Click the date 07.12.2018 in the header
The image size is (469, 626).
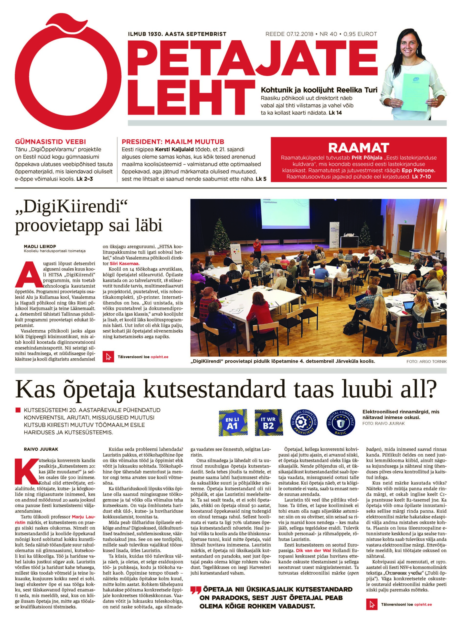297,34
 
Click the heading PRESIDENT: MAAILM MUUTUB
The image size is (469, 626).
173,142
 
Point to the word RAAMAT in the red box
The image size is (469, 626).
358,148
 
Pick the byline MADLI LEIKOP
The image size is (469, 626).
36,246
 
